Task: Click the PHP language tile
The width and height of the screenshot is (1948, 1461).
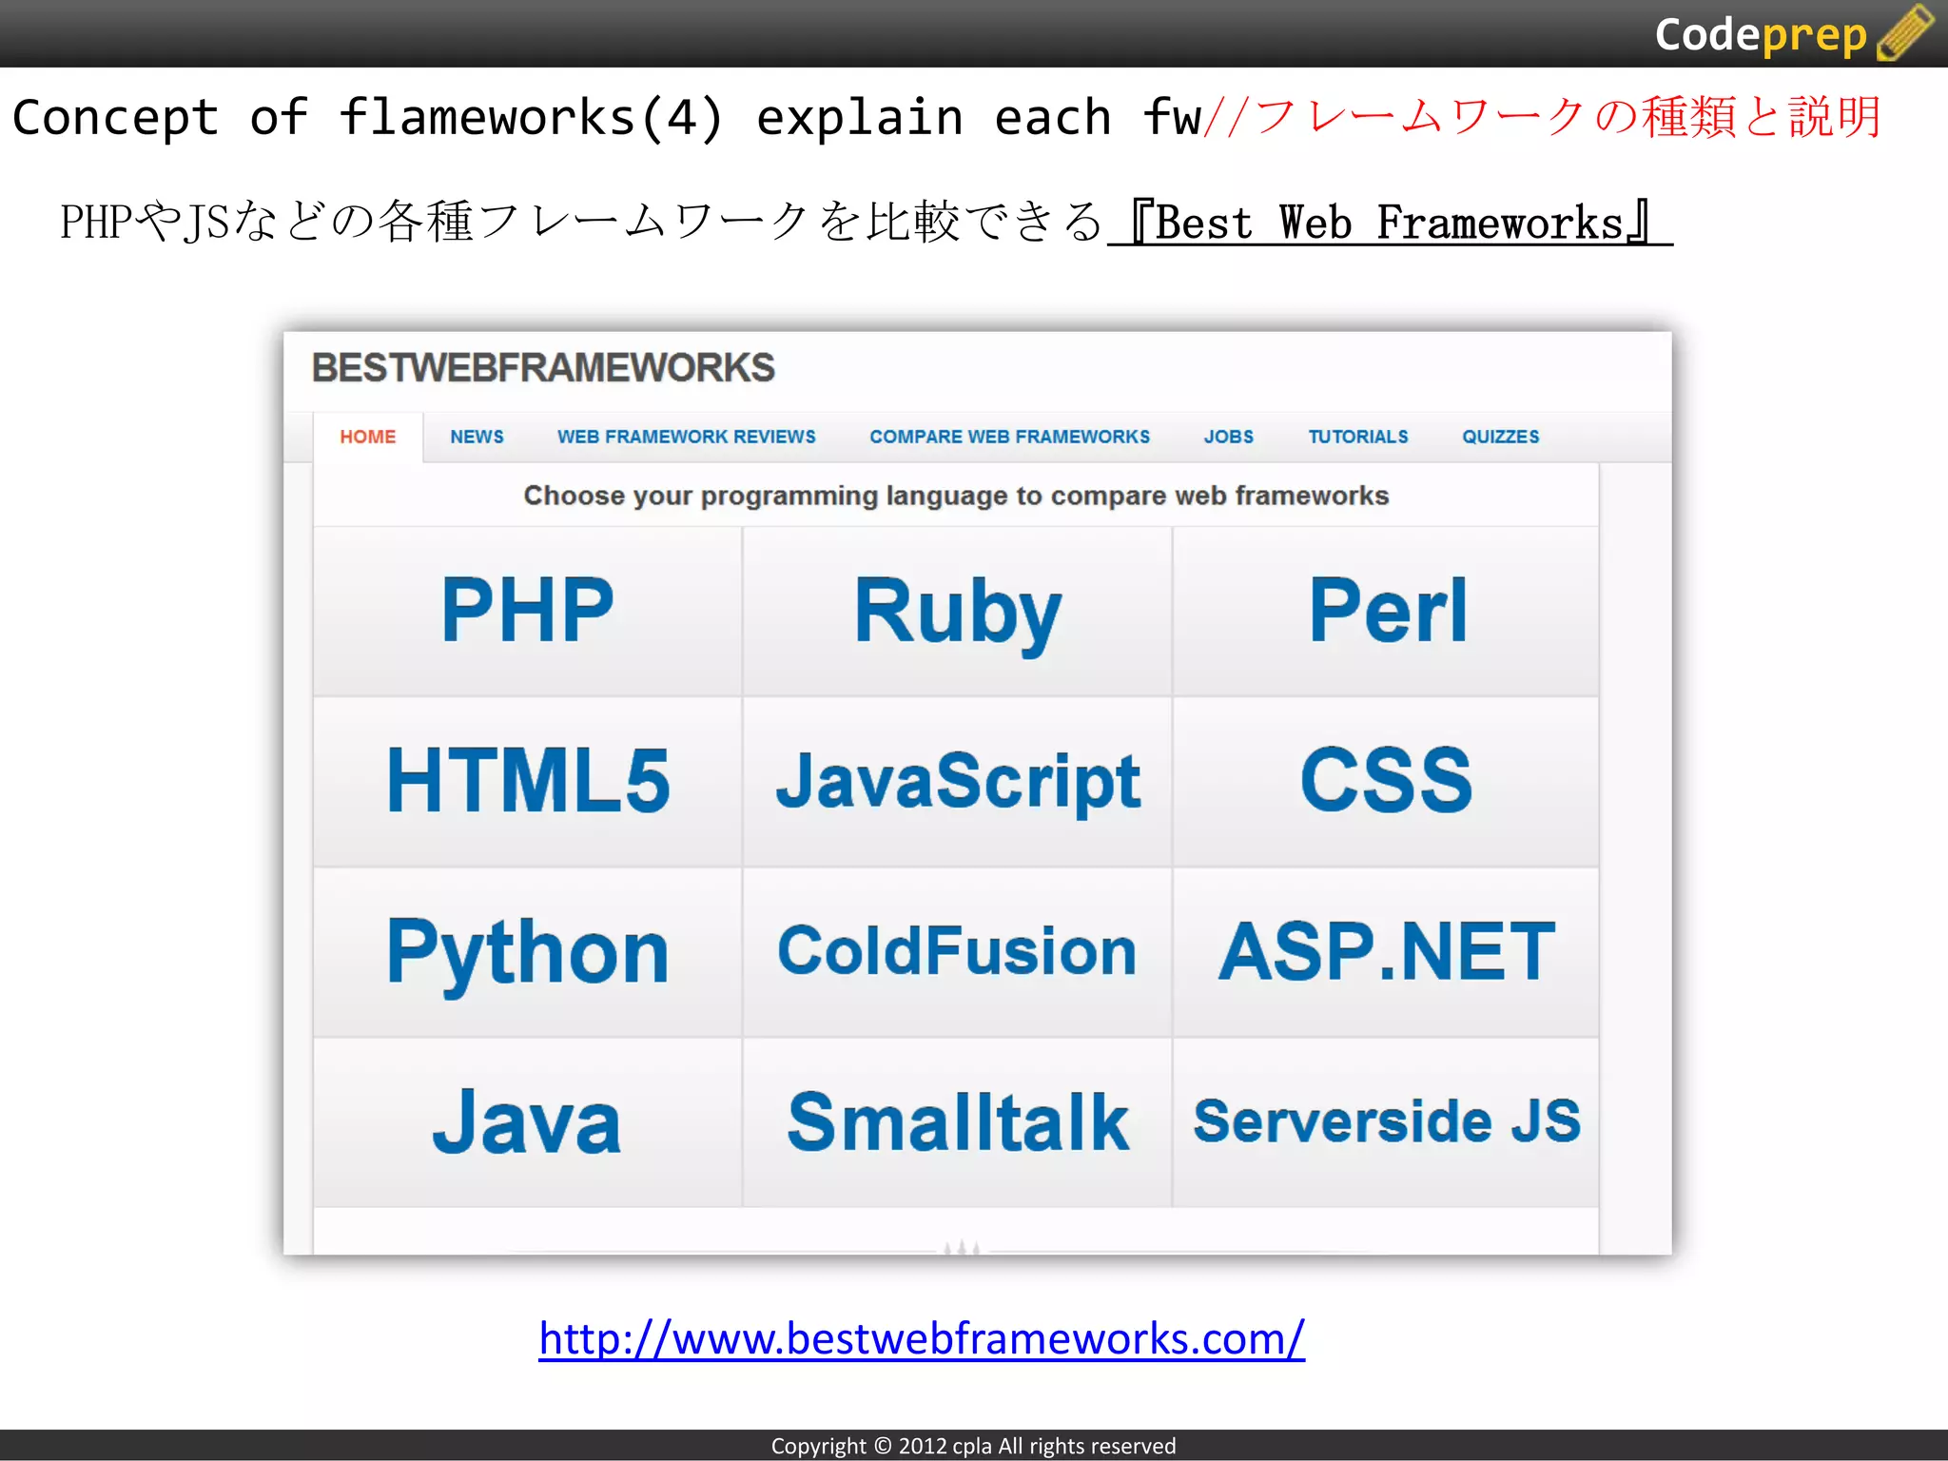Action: point(528,611)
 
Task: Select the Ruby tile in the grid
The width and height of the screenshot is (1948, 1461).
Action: point(957,611)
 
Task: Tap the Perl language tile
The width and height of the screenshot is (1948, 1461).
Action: point(1387,611)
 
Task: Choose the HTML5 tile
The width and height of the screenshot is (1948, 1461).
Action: point(528,781)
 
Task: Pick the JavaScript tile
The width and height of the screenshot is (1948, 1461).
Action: point(957,781)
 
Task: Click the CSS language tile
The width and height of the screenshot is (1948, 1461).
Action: point(1387,781)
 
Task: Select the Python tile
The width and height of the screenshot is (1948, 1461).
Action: point(528,951)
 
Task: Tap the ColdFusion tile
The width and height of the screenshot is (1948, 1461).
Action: point(957,951)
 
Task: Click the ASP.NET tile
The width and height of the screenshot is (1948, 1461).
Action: point(1387,951)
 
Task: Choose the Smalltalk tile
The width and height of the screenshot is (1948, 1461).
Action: point(957,1122)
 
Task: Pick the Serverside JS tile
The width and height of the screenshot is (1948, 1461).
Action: point(1387,1122)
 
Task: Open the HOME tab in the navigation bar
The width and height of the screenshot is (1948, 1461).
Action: point(368,437)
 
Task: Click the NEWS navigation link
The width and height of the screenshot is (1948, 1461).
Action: point(477,437)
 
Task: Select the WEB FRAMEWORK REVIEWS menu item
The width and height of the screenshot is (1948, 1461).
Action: point(686,437)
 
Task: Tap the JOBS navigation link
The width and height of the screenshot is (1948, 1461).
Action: point(1228,437)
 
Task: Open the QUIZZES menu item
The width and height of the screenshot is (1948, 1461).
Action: point(1500,437)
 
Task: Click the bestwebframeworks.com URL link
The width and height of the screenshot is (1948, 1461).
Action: point(921,1338)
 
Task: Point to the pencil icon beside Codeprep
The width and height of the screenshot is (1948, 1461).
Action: point(1905,32)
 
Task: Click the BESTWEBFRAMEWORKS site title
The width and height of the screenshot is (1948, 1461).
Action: point(543,368)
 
